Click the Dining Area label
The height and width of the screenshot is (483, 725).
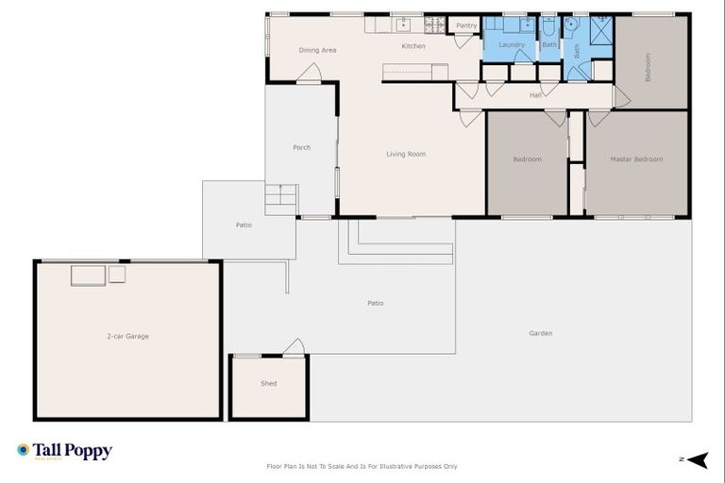[317, 50]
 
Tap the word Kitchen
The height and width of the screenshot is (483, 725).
[413, 46]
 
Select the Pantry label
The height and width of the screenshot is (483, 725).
[466, 25]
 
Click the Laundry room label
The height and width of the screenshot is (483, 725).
[511, 44]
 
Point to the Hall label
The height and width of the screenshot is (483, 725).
[535, 94]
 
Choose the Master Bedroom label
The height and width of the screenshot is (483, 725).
[635, 159]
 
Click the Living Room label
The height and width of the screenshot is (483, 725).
[406, 154]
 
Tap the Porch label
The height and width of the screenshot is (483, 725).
[301, 147]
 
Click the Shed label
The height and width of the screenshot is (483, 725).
[269, 384]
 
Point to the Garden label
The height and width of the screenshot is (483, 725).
[540, 333]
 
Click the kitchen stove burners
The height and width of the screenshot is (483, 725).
[434, 25]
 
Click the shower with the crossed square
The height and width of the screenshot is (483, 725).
[601, 30]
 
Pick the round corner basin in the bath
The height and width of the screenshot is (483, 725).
[571, 25]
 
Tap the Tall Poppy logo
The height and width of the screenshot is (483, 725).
[64, 451]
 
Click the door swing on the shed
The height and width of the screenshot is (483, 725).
[295, 347]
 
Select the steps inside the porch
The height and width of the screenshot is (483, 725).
[281, 199]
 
